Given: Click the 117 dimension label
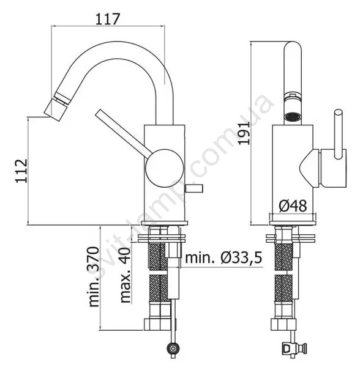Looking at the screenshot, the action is pos(108,19).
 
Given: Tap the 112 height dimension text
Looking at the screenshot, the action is pos(21,171).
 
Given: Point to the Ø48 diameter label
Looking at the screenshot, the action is pos(293,206).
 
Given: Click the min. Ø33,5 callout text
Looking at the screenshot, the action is pos(223,257).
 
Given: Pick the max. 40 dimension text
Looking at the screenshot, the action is pos(126,275).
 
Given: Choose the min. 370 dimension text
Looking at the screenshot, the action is pos(94,276).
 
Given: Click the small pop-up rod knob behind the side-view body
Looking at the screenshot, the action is pos(194,188).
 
